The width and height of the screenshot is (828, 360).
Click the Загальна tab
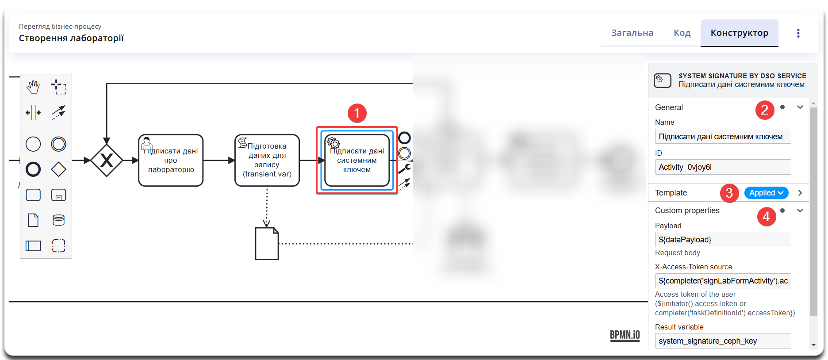tap(632, 33)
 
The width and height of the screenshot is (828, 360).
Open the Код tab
tap(682, 33)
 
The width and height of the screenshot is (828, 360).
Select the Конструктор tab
tap(739, 33)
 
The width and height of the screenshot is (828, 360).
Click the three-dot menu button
tap(798, 33)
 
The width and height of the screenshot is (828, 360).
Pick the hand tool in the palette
tap(33, 87)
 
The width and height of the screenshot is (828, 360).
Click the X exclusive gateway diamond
tap(107, 160)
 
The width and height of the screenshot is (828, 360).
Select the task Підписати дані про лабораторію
tap(171, 161)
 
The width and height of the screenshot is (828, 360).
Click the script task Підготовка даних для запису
tap(267, 161)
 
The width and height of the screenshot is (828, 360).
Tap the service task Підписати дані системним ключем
tap(357, 161)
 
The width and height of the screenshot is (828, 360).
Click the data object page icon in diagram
tap(267, 243)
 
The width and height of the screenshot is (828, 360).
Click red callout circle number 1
tap(357, 113)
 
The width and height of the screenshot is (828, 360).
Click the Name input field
tap(723, 137)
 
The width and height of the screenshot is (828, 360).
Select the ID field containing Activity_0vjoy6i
tap(723, 167)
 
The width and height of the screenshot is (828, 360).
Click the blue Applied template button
tap(766, 193)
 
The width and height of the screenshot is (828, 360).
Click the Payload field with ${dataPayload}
tap(723, 240)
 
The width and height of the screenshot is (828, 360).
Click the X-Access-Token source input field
tap(723, 281)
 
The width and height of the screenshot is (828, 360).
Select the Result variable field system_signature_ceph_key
tap(723, 341)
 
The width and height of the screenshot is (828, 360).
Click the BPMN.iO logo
tap(625, 335)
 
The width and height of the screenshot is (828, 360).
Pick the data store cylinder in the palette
tap(58, 220)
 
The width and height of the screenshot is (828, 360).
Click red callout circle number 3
tap(729, 193)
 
